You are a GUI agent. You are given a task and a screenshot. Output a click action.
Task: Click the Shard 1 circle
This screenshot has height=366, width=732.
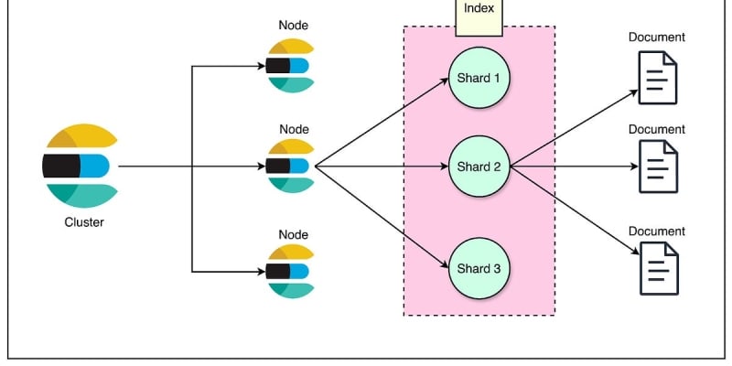point(479,77)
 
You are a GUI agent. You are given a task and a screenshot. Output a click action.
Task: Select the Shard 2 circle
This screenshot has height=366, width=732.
point(479,167)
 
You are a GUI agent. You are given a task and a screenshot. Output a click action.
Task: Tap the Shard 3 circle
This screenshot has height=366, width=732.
point(479,268)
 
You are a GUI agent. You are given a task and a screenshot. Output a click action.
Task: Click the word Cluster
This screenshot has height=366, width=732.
point(83,222)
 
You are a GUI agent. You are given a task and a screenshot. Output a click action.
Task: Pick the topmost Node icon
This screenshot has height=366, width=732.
point(290,65)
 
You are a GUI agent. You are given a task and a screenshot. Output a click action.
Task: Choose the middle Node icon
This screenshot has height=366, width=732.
point(290,166)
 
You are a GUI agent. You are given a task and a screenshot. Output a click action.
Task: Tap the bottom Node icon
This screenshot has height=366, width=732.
point(290,270)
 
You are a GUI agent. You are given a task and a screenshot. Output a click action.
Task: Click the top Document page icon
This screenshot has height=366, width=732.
point(658,78)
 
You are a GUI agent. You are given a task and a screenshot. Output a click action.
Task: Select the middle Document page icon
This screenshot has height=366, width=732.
point(658,167)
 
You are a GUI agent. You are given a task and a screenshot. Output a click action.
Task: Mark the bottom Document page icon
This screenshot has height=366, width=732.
point(658,268)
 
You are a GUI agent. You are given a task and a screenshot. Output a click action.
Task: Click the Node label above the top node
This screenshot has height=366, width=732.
point(294,25)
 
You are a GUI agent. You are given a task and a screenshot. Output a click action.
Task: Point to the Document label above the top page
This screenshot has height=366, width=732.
point(657,37)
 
